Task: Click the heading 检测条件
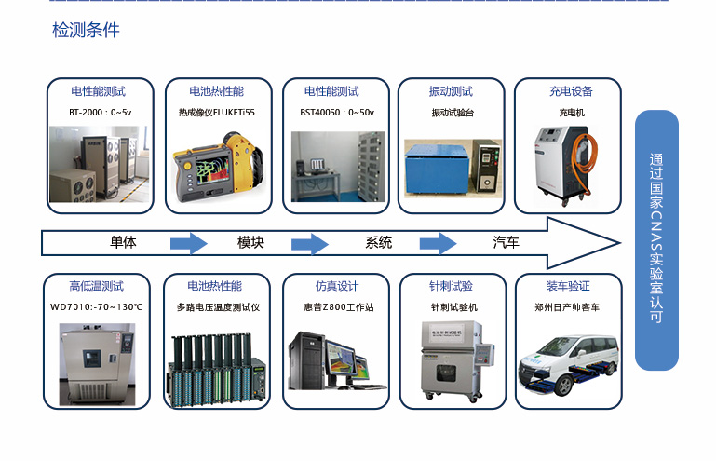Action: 86,31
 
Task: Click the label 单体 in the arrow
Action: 123,243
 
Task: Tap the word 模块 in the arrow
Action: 250,243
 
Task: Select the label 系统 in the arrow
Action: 379,243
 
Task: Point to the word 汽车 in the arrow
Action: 506,243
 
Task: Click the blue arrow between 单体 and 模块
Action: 188,244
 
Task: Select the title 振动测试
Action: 451,91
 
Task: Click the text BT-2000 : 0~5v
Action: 100,113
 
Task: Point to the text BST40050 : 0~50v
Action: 336,113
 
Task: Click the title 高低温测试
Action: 96,286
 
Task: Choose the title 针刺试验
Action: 451,286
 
